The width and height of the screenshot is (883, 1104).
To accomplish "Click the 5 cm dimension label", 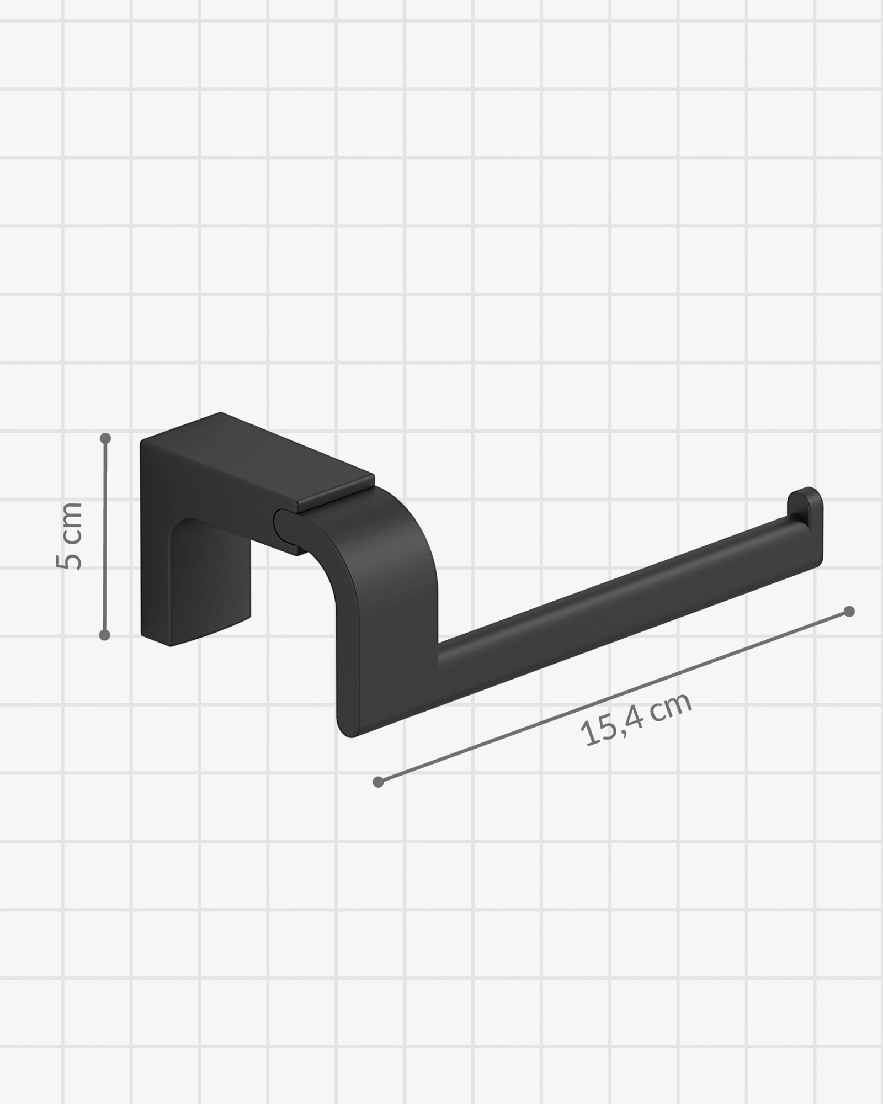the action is click(70, 535).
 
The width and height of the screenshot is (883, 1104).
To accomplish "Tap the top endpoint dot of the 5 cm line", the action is click(105, 439).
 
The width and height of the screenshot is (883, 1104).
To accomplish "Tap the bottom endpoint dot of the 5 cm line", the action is click(105, 635).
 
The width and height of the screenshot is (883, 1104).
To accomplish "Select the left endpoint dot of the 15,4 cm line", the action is click(378, 782).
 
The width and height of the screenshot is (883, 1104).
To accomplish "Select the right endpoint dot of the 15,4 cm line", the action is click(849, 612).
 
